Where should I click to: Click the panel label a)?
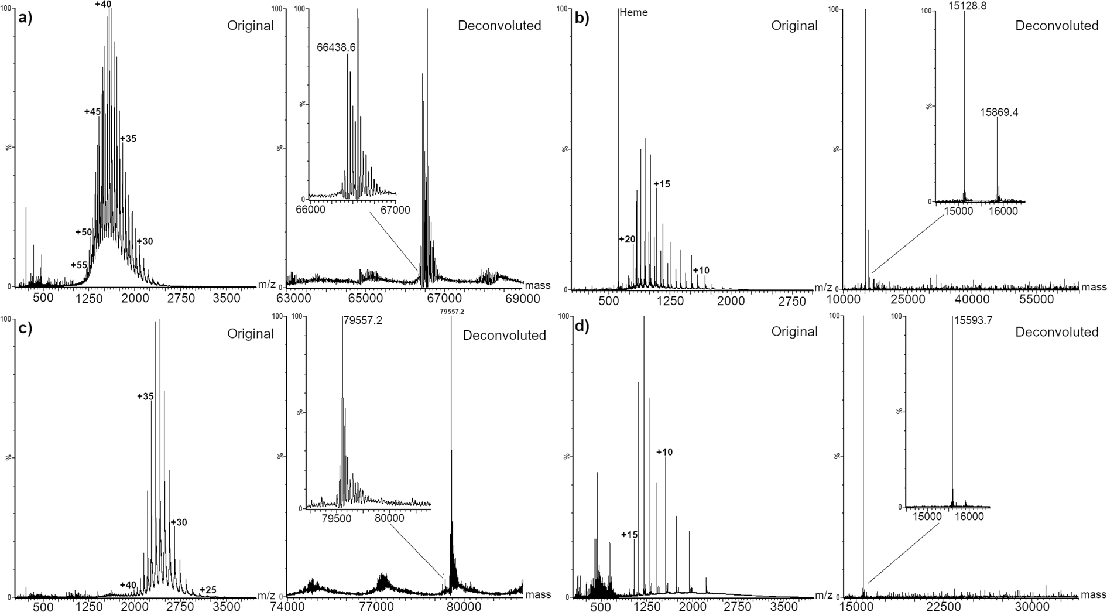click(25, 18)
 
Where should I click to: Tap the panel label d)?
click(582, 326)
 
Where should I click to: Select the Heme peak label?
click(633, 12)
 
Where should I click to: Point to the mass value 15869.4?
click(999, 112)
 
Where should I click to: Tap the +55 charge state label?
click(79, 265)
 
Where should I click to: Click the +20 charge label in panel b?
click(627, 239)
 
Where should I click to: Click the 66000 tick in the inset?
click(310, 210)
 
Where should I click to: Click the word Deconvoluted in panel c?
click(504, 335)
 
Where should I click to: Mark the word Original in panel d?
click(794, 331)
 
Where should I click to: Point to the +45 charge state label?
click(92, 112)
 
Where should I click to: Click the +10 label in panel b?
click(701, 271)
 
